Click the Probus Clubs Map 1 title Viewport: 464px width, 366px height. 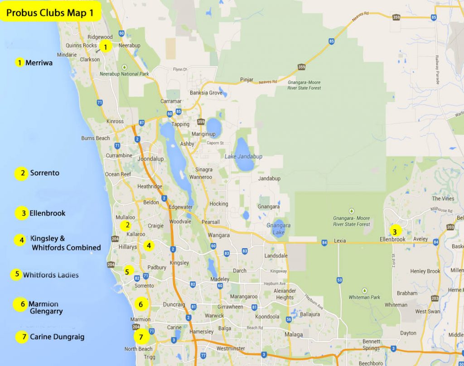pos(50,13)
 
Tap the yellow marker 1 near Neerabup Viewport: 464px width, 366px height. pos(105,46)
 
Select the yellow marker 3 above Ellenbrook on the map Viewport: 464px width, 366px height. pos(395,230)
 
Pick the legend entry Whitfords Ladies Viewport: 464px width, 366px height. pos(51,275)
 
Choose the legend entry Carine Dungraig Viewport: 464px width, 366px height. pos(57,337)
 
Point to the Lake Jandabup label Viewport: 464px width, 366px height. pos(243,156)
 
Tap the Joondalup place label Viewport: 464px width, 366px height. pos(150,159)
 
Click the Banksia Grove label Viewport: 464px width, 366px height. pos(206,93)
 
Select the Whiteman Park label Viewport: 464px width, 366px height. pos(365,297)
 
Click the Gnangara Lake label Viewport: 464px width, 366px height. pos(278,229)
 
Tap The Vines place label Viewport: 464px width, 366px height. pos(443,198)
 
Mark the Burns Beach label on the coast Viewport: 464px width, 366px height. pos(96,138)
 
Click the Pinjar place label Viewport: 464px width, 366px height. pos(246,80)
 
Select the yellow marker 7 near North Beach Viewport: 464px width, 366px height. pos(141,337)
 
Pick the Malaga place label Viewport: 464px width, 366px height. pos(294,335)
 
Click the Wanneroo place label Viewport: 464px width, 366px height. pos(201,177)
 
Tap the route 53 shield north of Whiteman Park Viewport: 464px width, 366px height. pos(339,280)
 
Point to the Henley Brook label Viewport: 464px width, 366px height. pos(425,271)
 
